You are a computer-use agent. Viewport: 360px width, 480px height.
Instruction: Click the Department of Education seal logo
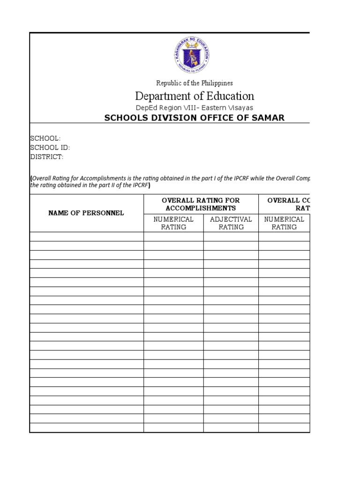(191, 55)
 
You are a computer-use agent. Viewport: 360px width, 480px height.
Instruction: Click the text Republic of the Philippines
(195, 83)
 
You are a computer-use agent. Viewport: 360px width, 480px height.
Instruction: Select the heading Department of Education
(195, 96)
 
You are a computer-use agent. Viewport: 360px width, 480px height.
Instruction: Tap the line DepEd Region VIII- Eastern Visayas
(195, 108)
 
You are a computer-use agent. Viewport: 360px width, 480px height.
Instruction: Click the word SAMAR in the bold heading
(269, 118)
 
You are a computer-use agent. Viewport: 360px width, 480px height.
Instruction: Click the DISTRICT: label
(47, 157)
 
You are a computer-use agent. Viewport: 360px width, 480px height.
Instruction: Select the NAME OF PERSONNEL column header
(86, 213)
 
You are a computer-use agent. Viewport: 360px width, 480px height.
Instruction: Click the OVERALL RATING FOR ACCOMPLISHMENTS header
(201, 204)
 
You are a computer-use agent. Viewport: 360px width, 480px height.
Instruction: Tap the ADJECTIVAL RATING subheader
(231, 223)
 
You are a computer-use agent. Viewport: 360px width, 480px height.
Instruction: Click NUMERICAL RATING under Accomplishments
(173, 223)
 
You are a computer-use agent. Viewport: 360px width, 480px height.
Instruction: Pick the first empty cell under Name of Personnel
(86, 237)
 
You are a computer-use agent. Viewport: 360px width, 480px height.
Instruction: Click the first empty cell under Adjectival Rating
(231, 237)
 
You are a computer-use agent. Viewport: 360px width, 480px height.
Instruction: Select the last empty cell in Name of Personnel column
(86, 427)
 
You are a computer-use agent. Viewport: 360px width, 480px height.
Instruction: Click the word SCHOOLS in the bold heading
(123, 118)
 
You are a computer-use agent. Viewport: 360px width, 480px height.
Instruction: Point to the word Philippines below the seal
(217, 83)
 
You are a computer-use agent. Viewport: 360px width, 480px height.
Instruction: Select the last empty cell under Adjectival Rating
(231, 427)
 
